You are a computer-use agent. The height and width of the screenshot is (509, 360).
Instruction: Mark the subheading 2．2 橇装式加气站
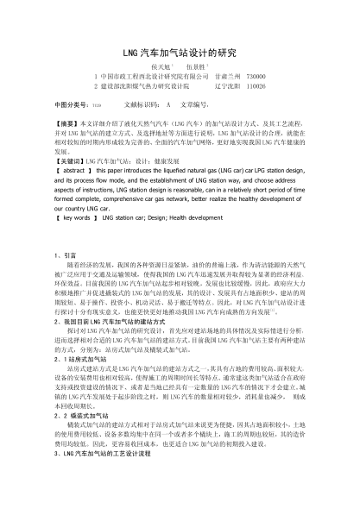[85, 415]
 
